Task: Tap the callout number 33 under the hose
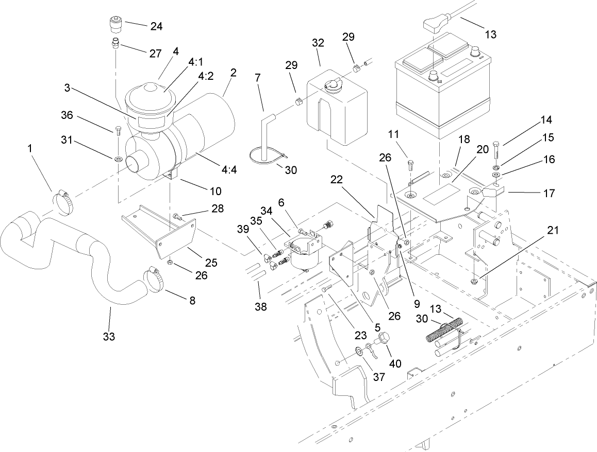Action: [x=109, y=337]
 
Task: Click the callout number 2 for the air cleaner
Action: [x=233, y=73]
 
